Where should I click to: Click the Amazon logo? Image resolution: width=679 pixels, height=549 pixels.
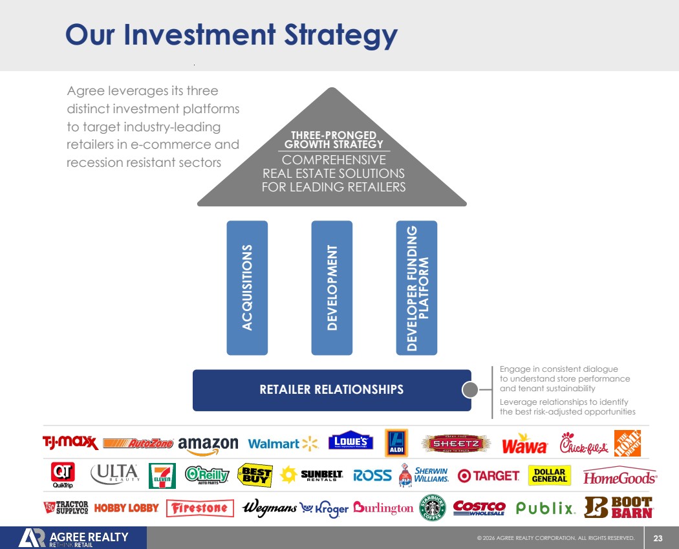point(208,444)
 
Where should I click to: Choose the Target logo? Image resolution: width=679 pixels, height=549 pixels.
point(488,476)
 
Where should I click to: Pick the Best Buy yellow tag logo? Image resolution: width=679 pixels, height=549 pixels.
point(255,476)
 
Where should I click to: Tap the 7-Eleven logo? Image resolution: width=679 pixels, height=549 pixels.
point(162,476)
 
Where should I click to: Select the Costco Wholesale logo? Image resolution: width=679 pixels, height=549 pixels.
point(479,508)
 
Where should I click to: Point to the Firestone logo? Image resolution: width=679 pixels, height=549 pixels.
point(200,508)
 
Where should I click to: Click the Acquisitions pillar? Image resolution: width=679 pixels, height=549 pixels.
point(247,288)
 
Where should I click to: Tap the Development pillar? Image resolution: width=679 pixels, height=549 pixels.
point(332,288)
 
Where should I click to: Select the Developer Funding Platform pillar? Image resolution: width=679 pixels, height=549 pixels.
point(416,288)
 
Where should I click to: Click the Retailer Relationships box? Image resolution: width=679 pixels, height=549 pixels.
point(332,389)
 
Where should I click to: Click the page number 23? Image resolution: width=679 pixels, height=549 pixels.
point(658,538)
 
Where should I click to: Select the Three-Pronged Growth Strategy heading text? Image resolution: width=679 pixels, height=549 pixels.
point(334,140)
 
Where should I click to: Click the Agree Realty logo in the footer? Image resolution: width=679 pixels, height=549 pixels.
point(74,539)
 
